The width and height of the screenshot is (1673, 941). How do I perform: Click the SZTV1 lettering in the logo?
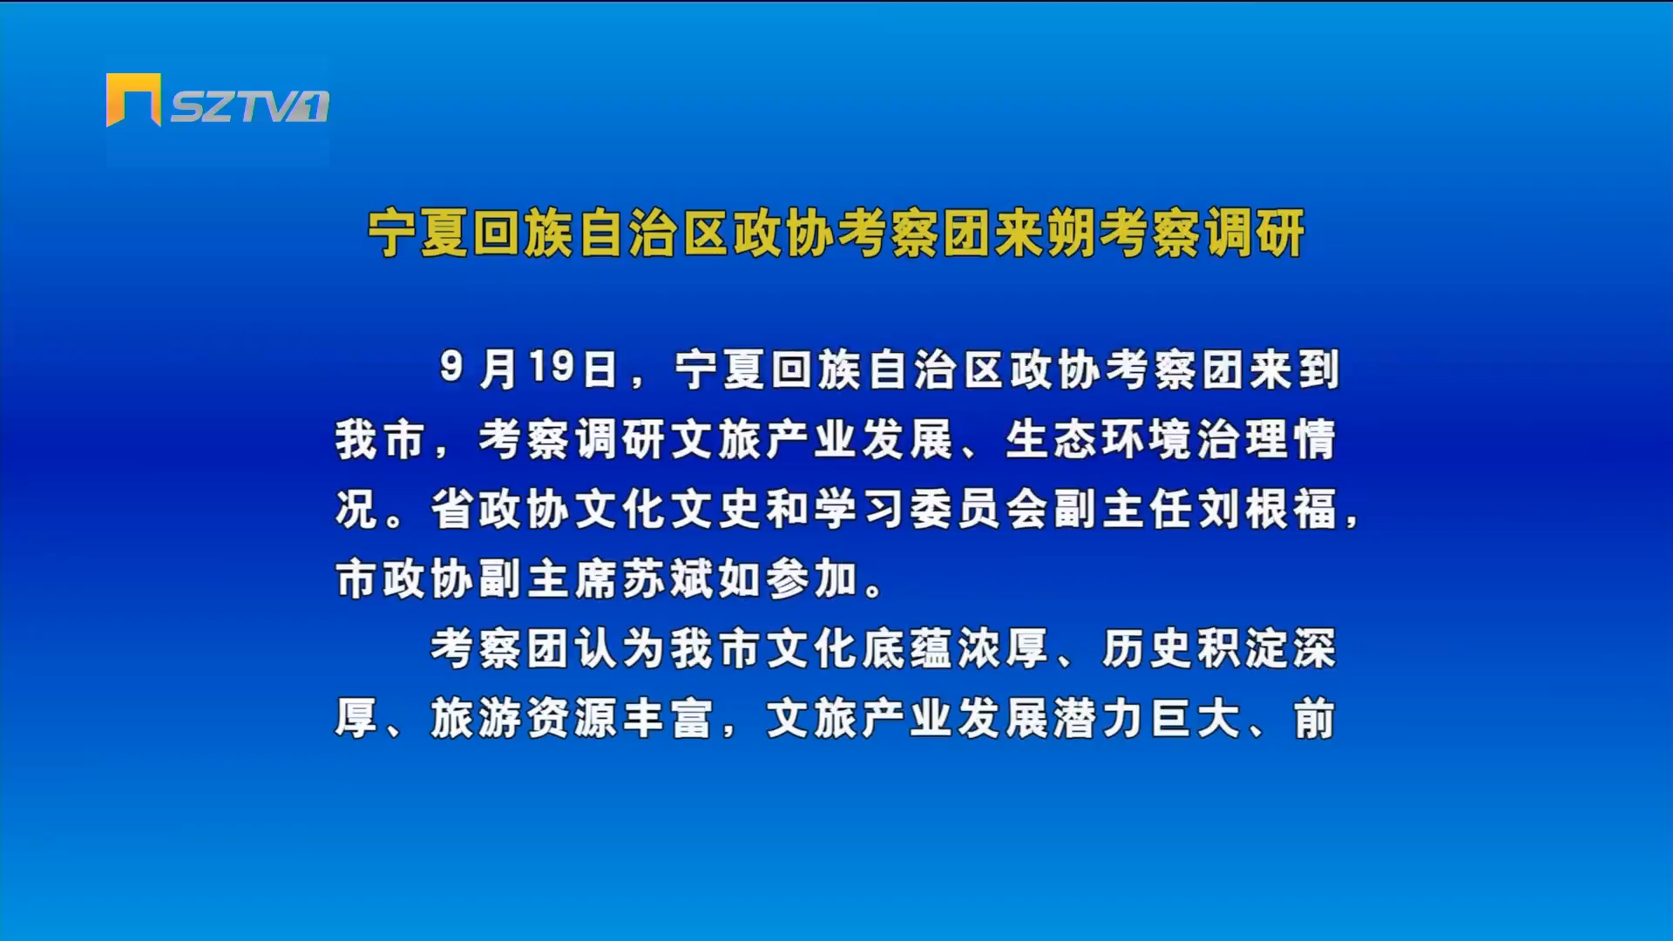(x=250, y=106)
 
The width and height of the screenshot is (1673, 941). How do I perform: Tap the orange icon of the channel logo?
(x=133, y=99)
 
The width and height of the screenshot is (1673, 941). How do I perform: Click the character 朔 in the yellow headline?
(x=1071, y=234)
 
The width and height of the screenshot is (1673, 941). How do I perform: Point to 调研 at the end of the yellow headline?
(x=1254, y=234)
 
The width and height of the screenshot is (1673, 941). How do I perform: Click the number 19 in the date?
(x=552, y=368)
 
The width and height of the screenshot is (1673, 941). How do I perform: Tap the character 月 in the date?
(x=498, y=369)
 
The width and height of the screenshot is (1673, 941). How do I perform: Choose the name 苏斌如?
(x=692, y=579)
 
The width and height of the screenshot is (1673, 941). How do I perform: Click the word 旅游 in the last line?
(x=476, y=719)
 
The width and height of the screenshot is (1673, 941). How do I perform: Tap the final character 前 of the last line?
(x=1315, y=719)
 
